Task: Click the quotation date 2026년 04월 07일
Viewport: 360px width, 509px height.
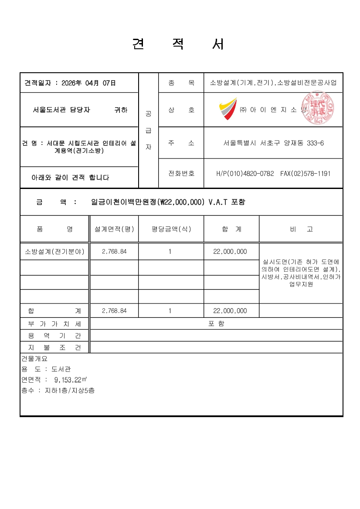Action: coord(89,83)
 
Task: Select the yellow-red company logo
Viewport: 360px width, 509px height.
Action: coord(228,109)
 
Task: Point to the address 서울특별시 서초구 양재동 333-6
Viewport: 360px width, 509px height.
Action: coord(273,143)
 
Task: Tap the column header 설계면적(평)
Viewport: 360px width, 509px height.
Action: coord(114,229)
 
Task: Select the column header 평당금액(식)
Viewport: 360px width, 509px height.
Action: coord(171,229)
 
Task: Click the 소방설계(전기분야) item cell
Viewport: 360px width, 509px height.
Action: coord(55,251)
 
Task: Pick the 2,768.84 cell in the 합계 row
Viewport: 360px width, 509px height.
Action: coord(114,311)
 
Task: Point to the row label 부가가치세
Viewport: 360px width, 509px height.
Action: coord(55,324)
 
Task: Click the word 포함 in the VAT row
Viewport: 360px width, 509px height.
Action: coord(216,324)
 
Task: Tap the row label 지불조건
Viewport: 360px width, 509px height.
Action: coord(55,347)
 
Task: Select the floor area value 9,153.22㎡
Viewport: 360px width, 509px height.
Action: coord(71,379)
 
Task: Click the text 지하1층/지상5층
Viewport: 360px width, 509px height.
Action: coord(70,391)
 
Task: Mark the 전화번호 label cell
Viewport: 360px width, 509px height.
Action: coord(181,173)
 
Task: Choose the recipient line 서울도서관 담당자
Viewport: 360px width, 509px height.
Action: coord(61,110)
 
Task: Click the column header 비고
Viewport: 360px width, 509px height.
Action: coord(301,229)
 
